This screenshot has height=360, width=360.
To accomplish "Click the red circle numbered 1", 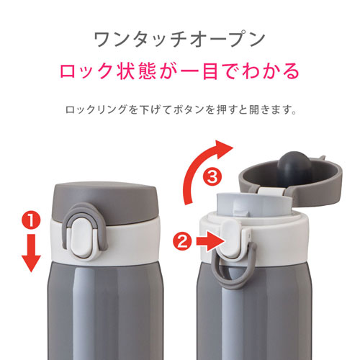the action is coord(31,220).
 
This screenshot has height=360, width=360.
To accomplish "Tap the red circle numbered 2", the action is coord(182,242).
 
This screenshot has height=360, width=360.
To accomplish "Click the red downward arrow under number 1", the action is coord(31,253).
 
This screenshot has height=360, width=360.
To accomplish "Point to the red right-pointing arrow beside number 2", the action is coord(210,242).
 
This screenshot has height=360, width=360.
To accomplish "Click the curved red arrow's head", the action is coord(223,149).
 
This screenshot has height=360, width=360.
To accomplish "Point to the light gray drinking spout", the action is coord(254,204).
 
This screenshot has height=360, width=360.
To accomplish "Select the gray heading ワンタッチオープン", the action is coord(179,40).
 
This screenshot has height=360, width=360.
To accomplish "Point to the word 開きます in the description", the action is coord(271,110).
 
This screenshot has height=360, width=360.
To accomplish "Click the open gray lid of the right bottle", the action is coord(292,179).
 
